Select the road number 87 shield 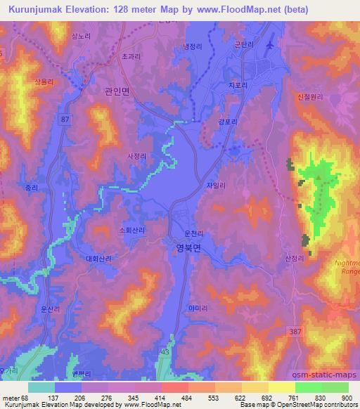[65, 120]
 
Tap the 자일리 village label [215, 186]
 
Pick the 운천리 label [193, 233]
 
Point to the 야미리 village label [197, 307]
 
